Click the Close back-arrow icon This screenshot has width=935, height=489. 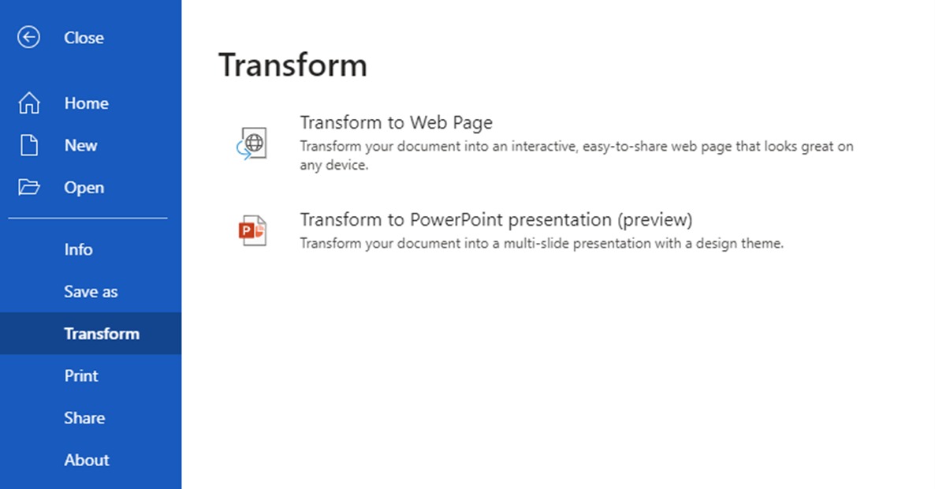[28, 37]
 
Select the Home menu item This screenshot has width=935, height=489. [87, 103]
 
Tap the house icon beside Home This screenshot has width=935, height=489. [28, 103]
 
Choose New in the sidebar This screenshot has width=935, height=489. [80, 145]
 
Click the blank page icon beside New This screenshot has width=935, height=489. [28, 145]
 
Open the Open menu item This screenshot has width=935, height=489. [84, 188]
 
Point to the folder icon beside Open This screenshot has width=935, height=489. [28, 187]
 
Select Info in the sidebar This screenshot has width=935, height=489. [78, 249]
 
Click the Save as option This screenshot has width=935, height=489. [91, 292]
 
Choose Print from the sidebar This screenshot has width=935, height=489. [81, 375]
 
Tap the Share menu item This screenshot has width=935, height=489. [84, 418]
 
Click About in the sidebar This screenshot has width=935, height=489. [87, 460]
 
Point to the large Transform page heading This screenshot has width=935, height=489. [292, 65]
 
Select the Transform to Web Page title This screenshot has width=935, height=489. [396, 122]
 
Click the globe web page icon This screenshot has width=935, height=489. [252, 144]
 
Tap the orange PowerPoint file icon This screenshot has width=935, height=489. [252, 231]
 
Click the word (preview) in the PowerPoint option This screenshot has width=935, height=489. [655, 220]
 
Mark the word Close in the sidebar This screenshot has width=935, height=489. [84, 38]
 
